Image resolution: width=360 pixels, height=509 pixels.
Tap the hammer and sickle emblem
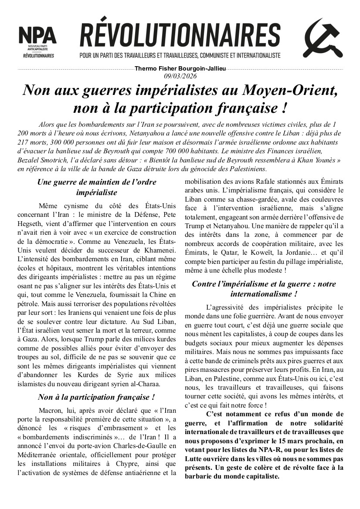point(323,38)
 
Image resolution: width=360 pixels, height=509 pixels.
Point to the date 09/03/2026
point(180,76)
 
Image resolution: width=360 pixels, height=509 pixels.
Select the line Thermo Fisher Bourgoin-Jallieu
point(180,69)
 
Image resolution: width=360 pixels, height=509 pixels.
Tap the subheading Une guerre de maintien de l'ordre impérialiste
point(96,186)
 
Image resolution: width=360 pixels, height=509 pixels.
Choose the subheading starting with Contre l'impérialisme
point(264,289)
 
